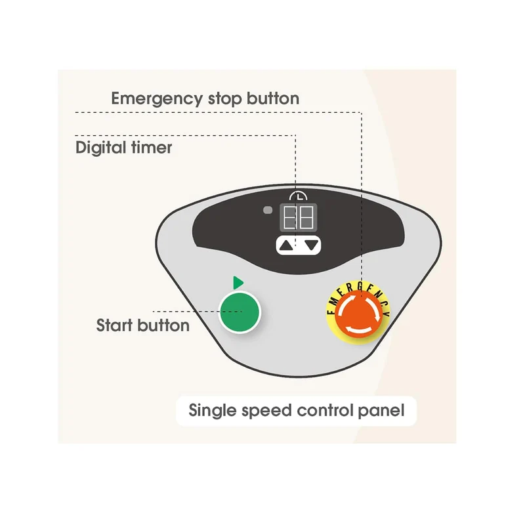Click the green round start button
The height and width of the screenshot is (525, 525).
(240, 312)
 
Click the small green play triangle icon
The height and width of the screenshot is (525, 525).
(238, 283)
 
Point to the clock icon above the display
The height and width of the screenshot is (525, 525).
(299, 196)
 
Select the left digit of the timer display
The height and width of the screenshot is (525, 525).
(289, 218)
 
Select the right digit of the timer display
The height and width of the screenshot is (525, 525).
(306, 218)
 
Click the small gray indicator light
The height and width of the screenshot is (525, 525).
(268, 210)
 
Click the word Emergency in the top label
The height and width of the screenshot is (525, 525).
(157, 99)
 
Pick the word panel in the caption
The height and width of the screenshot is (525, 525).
(381, 411)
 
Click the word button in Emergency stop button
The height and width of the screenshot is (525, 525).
(273, 98)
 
